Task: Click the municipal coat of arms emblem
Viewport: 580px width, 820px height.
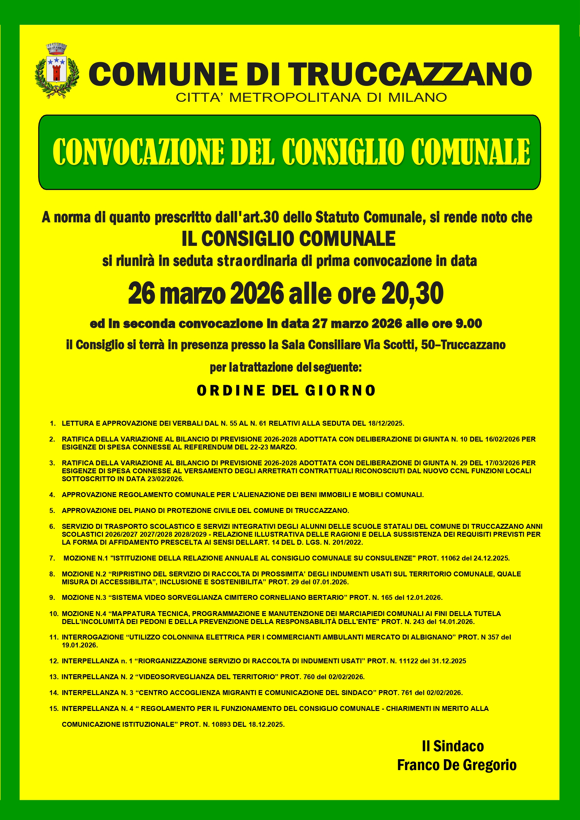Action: click(x=57, y=71)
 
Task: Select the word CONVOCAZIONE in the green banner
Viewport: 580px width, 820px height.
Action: click(x=138, y=151)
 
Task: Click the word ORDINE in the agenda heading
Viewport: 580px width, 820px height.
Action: click(x=231, y=390)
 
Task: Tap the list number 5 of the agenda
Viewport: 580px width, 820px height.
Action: click(x=52, y=511)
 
